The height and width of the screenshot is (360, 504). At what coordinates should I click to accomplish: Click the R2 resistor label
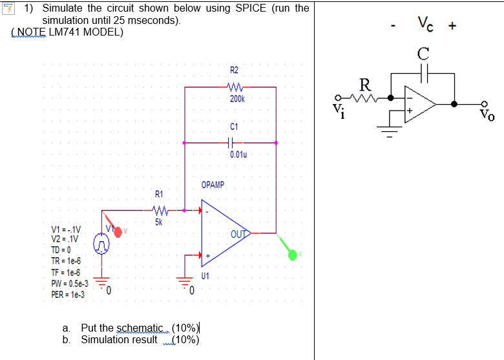tap(233, 70)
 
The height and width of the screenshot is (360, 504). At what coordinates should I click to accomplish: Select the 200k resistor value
tap(236, 99)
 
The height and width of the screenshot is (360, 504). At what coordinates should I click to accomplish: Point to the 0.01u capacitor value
tap(238, 155)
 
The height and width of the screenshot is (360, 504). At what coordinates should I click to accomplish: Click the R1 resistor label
tap(159, 195)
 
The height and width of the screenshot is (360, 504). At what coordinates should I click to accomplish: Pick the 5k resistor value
tap(159, 222)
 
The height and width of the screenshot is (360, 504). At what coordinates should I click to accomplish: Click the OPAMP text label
tap(213, 185)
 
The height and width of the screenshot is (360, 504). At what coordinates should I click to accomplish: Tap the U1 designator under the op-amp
tap(205, 275)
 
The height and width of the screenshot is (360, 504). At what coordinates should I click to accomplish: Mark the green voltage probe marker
tap(293, 255)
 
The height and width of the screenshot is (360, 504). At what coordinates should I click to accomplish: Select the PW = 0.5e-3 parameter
tap(69, 283)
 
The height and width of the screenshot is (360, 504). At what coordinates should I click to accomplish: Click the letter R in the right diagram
tap(366, 83)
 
